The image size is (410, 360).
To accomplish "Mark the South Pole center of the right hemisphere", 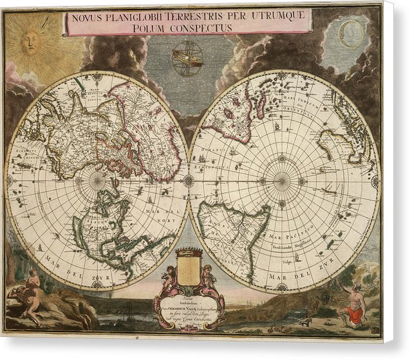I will [281, 181].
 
